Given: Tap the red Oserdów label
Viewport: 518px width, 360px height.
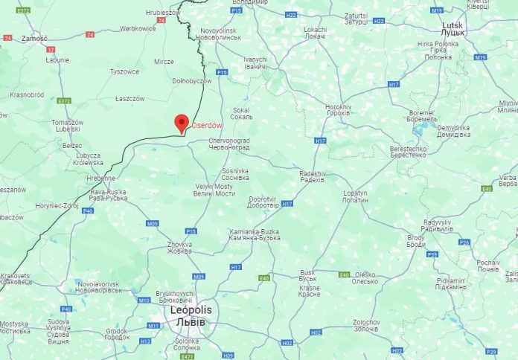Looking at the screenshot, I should [x=207, y=125].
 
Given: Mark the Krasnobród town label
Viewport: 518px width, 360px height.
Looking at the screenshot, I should [x=27, y=94].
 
